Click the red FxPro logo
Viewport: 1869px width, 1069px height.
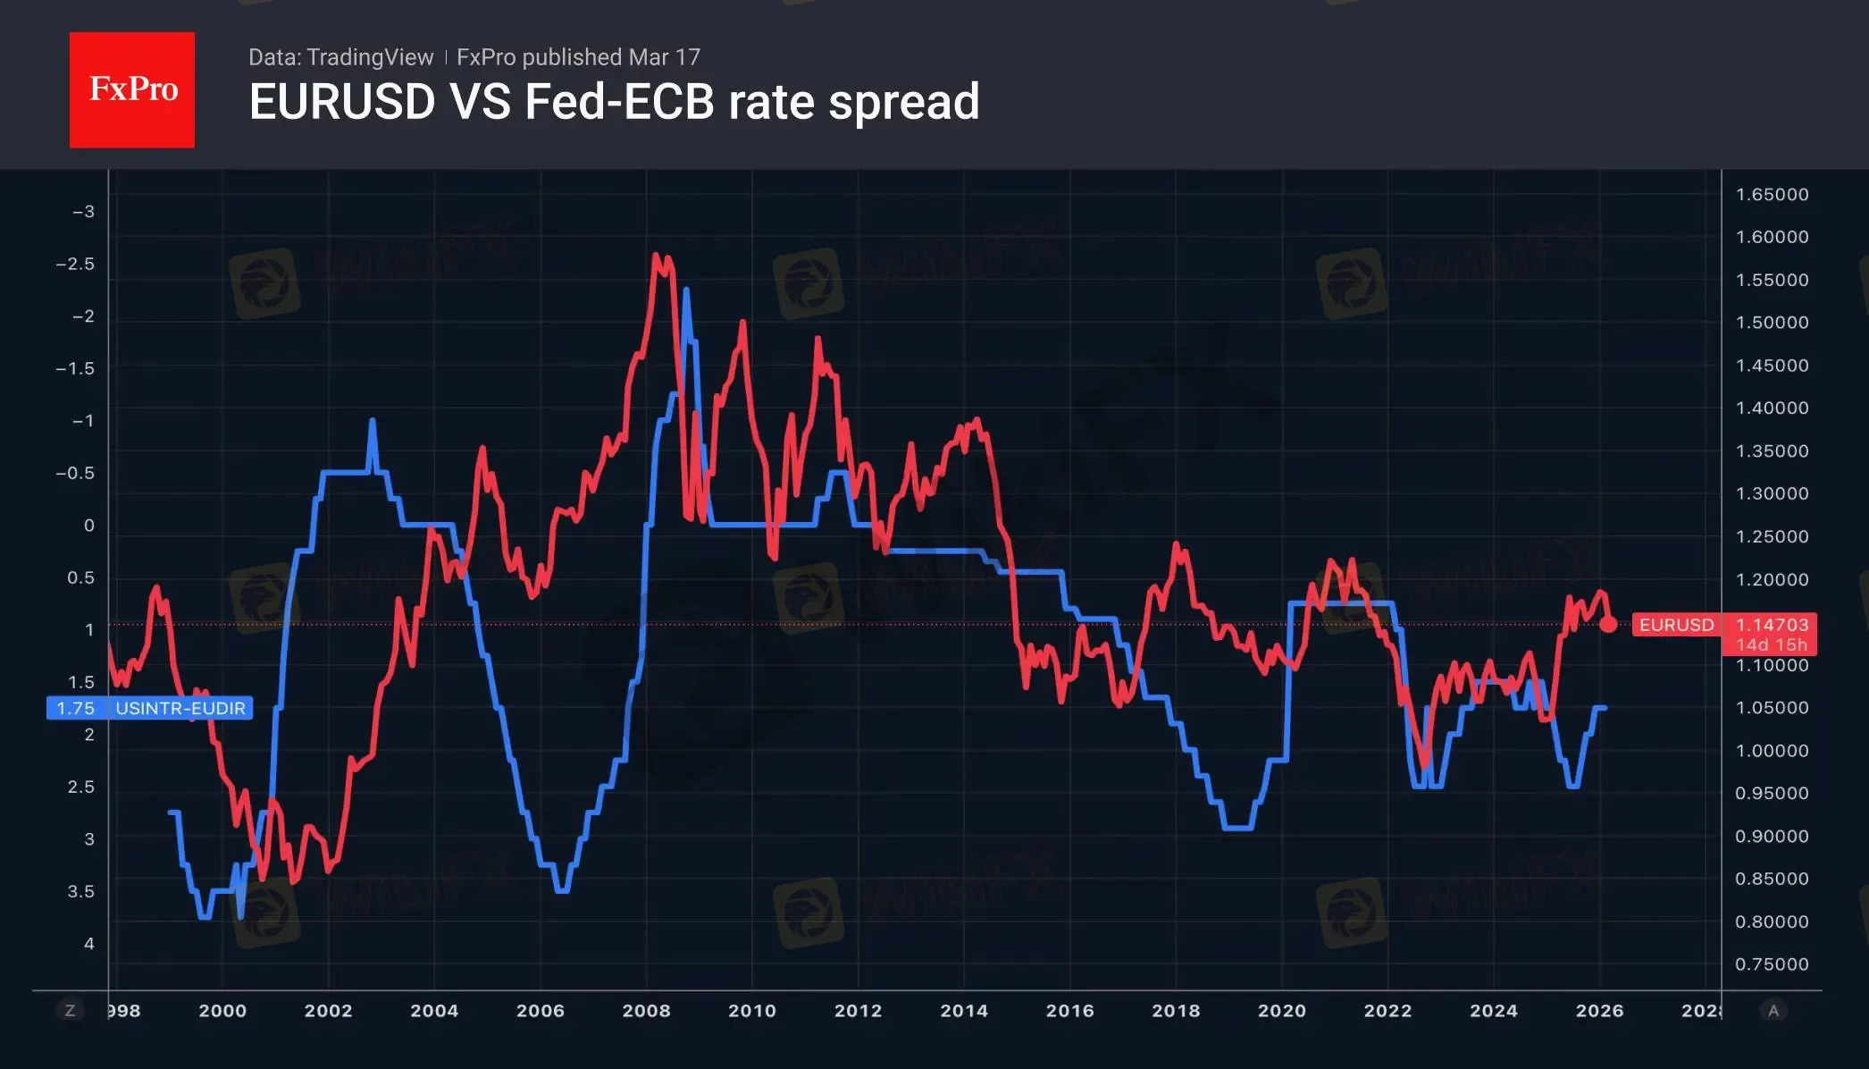pos(132,89)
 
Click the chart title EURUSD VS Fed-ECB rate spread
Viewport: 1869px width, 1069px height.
pos(614,101)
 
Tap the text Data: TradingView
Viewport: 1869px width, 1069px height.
pos(340,57)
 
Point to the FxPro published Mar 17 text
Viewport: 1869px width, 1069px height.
pos(578,57)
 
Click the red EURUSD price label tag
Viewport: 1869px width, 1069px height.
pos(1676,625)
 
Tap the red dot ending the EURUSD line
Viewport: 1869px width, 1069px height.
pos(1608,624)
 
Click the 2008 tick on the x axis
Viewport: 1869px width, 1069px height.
pos(646,1011)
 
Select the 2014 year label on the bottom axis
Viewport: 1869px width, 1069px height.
pos(964,1011)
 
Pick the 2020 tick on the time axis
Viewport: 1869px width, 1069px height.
pos(1282,1011)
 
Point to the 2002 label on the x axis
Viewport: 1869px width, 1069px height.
pos(328,1011)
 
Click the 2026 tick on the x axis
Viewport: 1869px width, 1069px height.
pos(1599,1011)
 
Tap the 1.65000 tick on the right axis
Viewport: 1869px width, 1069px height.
pos(1772,195)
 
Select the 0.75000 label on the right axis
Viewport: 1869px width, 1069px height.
pos(1772,964)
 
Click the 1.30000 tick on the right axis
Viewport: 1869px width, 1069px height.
pos(1772,493)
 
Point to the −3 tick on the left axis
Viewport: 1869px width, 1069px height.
pos(83,212)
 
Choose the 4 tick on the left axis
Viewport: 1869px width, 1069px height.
pos(89,944)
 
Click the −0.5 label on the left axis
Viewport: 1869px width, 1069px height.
pos(75,473)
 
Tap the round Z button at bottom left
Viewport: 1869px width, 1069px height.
pos(70,1011)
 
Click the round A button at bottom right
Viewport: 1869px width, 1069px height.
pos(1773,1011)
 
